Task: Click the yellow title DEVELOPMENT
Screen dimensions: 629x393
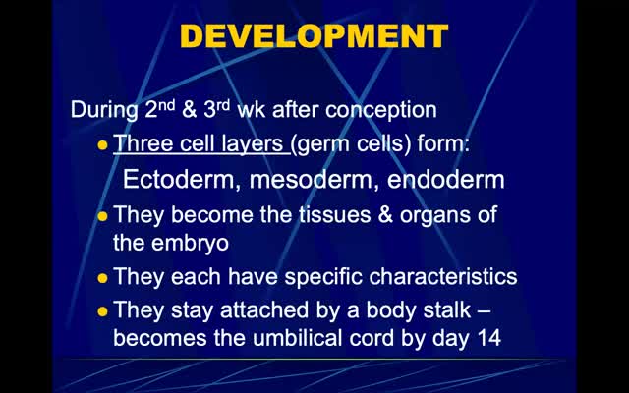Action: (x=314, y=36)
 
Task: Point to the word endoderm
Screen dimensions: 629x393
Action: (x=445, y=179)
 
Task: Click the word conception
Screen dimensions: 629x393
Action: (x=380, y=110)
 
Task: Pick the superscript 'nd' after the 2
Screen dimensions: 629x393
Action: (x=167, y=105)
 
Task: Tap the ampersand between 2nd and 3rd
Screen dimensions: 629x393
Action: (x=189, y=110)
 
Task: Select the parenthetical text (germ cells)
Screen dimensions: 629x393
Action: (x=351, y=144)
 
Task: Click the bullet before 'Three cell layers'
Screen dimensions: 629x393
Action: (x=102, y=144)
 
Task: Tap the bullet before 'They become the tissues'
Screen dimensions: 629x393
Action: (x=102, y=216)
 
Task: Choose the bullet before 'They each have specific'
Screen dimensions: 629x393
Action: (x=102, y=278)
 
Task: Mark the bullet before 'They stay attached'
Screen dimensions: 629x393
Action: (x=102, y=311)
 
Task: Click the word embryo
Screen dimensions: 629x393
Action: (x=190, y=244)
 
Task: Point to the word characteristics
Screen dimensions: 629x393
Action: (x=443, y=277)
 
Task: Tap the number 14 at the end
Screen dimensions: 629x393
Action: (x=489, y=338)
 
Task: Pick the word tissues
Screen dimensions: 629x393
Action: (x=334, y=214)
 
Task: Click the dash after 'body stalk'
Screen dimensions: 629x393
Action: (x=485, y=310)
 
